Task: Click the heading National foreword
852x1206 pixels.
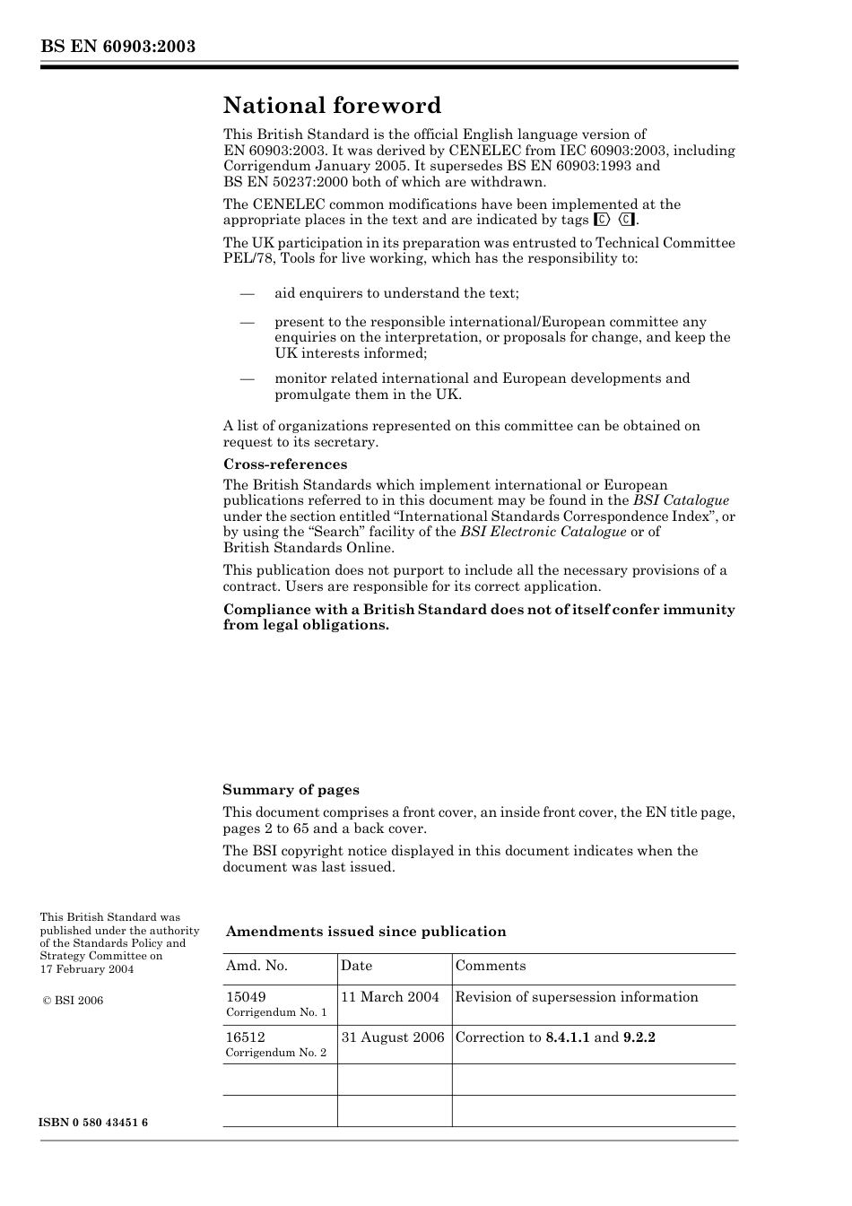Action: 332,106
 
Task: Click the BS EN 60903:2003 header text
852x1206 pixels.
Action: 117,47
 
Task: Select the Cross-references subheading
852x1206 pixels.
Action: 284,464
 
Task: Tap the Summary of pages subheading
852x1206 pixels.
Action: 291,790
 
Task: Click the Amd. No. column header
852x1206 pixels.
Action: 256,966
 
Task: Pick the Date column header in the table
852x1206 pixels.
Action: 356,966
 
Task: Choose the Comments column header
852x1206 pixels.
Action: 490,966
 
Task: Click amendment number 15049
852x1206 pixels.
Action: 246,997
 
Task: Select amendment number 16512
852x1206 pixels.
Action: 246,1037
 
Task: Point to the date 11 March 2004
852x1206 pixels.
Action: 390,997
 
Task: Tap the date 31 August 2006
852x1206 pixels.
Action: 393,1037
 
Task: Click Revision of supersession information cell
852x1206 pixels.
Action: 577,997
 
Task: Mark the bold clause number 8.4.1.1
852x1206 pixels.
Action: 567,1037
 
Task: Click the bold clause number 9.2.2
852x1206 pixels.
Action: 639,1037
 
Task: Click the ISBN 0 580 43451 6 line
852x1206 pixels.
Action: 93,1124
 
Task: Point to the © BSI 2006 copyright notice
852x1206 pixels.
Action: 73,1001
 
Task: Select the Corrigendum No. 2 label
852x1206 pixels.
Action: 276,1053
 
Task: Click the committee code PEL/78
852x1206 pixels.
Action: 245,258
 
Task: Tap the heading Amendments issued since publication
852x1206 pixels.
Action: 366,932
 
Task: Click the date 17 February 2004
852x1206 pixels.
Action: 87,969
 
